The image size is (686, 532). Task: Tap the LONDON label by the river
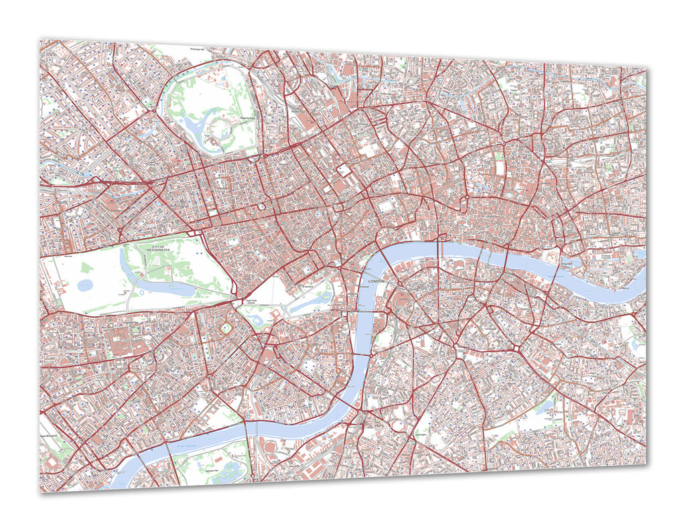[377, 281]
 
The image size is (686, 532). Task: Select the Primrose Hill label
[201, 49]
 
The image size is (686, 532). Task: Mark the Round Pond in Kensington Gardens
[86, 285]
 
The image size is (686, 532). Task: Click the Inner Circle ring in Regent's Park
[220, 127]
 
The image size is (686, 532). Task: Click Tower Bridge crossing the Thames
[552, 262]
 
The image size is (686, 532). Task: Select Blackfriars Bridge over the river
[439, 248]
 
